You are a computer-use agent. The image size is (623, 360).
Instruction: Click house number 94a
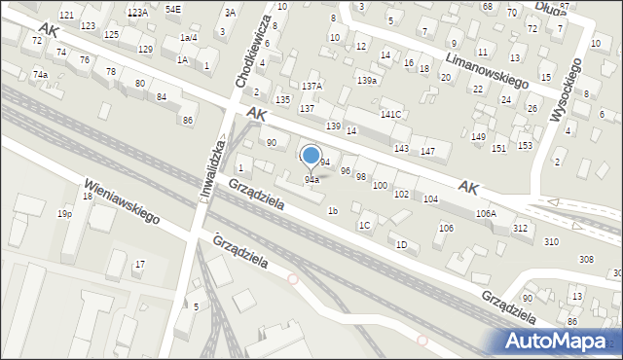point(311,180)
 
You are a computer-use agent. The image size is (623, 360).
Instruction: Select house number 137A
point(311,86)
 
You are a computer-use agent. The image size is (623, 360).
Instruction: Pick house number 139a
point(367,80)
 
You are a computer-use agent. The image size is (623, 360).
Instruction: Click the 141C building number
point(390,115)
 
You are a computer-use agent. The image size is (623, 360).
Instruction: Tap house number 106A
point(486,213)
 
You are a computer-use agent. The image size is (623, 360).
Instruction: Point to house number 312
point(521,228)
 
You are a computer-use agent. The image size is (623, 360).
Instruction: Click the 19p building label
point(64,213)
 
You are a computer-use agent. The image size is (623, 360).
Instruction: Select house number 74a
point(40,75)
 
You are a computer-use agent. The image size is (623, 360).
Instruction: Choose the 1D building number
point(401,244)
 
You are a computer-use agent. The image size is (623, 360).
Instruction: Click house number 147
point(427,151)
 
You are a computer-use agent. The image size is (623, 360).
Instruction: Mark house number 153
point(525,146)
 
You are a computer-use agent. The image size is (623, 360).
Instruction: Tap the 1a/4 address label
point(189,37)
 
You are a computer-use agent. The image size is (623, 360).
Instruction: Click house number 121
point(66,16)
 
